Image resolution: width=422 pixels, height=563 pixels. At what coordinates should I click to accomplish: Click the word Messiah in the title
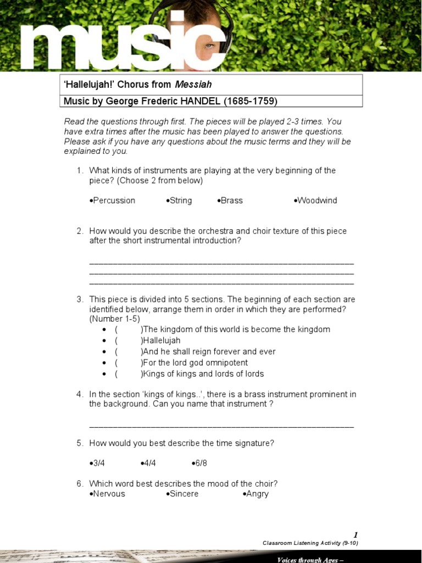(193, 85)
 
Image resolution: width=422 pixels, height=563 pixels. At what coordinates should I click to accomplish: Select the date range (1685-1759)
(250, 101)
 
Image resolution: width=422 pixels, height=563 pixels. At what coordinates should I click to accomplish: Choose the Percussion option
(114, 201)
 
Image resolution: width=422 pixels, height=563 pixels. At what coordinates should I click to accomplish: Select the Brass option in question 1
(231, 201)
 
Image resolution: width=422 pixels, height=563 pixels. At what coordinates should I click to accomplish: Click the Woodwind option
(317, 201)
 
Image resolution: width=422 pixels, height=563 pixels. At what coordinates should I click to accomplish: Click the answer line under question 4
(221, 426)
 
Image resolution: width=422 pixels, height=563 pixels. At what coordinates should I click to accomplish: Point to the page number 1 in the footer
(356, 535)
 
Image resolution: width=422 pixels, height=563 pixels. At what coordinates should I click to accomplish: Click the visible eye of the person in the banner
(209, 46)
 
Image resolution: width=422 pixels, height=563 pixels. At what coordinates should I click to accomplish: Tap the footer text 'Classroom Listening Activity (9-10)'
(310, 543)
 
